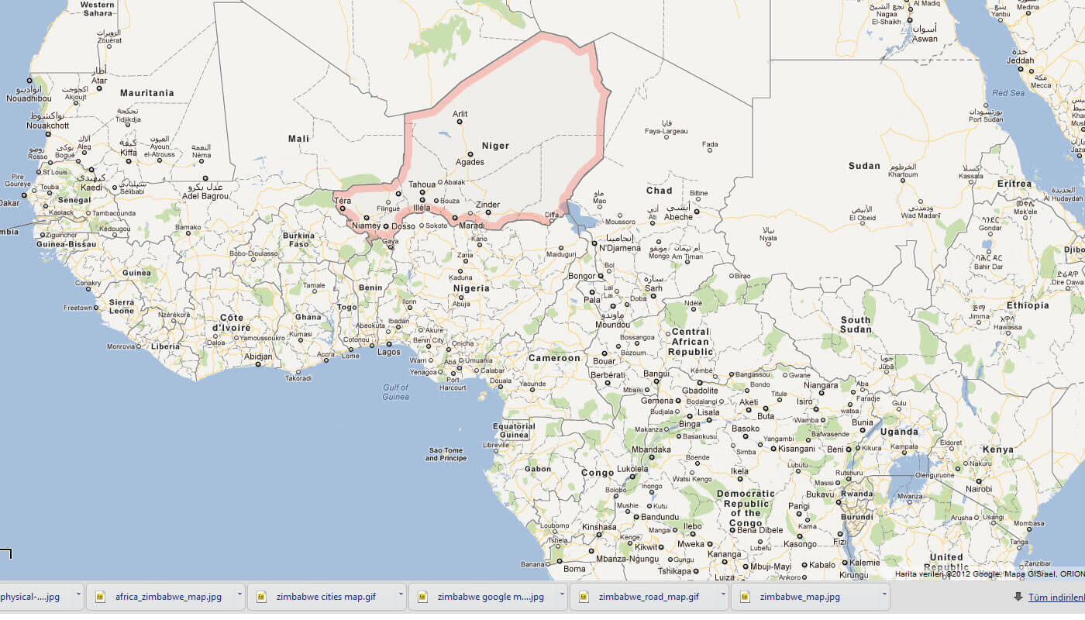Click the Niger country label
tap(495, 146)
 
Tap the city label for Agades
tap(470, 162)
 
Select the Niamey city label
tap(366, 226)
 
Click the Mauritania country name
tap(146, 93)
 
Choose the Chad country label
tap(659, 191)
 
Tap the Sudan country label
tap(864, 166)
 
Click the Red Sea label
tap(1008, 93)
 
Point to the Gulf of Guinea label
tap(395, 392)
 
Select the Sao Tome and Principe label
tap(446, 454)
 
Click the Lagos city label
tap(388, 353)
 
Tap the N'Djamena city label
tap(620, 248)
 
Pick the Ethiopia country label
tap(1028, 305)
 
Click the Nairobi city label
tap(978, 489)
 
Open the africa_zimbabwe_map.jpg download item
tap(168, 597)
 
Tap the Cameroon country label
tap(554, 358)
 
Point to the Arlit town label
tap(460, 114)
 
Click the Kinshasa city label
tap(599, 527)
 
